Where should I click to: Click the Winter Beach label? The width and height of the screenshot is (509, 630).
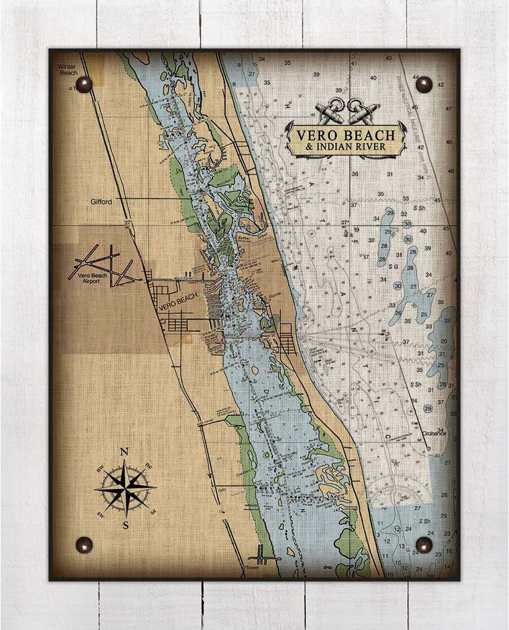[x=68, y=69]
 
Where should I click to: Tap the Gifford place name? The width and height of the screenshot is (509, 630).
[x=100, y=202]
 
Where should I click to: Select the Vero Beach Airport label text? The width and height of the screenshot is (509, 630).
[x=86, y=277]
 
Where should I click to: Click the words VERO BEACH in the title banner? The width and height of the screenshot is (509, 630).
[x=346, y=135]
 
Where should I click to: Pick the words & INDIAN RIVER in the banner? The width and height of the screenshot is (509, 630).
[x=346, y=147]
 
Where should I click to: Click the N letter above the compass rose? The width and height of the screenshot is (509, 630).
[x=124, y=452]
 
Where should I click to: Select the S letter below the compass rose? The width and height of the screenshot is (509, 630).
[x=125, y=524]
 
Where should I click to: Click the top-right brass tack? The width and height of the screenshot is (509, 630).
[x=424, y=84]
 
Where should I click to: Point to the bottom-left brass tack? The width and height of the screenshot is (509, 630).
[x=84, y=545]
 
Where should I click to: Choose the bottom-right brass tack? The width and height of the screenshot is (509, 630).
[x=424, y=545]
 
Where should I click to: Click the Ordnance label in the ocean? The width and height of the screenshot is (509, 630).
[x=433, y=433]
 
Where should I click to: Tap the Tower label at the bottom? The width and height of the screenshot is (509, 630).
[x=252, y=567]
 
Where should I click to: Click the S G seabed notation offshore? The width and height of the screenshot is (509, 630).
[x=392, y=265]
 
